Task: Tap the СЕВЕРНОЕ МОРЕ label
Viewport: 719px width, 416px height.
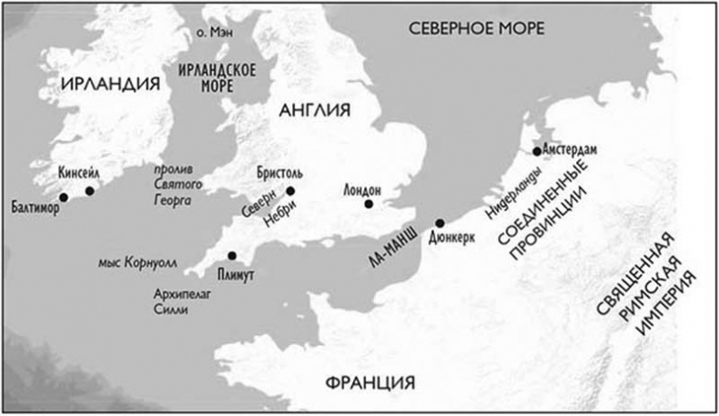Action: coord(476,28)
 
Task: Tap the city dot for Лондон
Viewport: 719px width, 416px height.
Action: coord(369,204)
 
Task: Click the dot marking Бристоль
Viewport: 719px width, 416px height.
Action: coord(290,190)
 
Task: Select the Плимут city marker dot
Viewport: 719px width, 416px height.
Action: coord(232,256)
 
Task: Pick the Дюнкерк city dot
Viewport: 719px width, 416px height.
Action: coord(439,223)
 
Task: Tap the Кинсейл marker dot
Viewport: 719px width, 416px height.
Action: coord(89,190)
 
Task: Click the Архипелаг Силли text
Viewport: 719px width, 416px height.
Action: coord(177,301)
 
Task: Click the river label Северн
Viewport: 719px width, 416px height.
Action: coord(258,208)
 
